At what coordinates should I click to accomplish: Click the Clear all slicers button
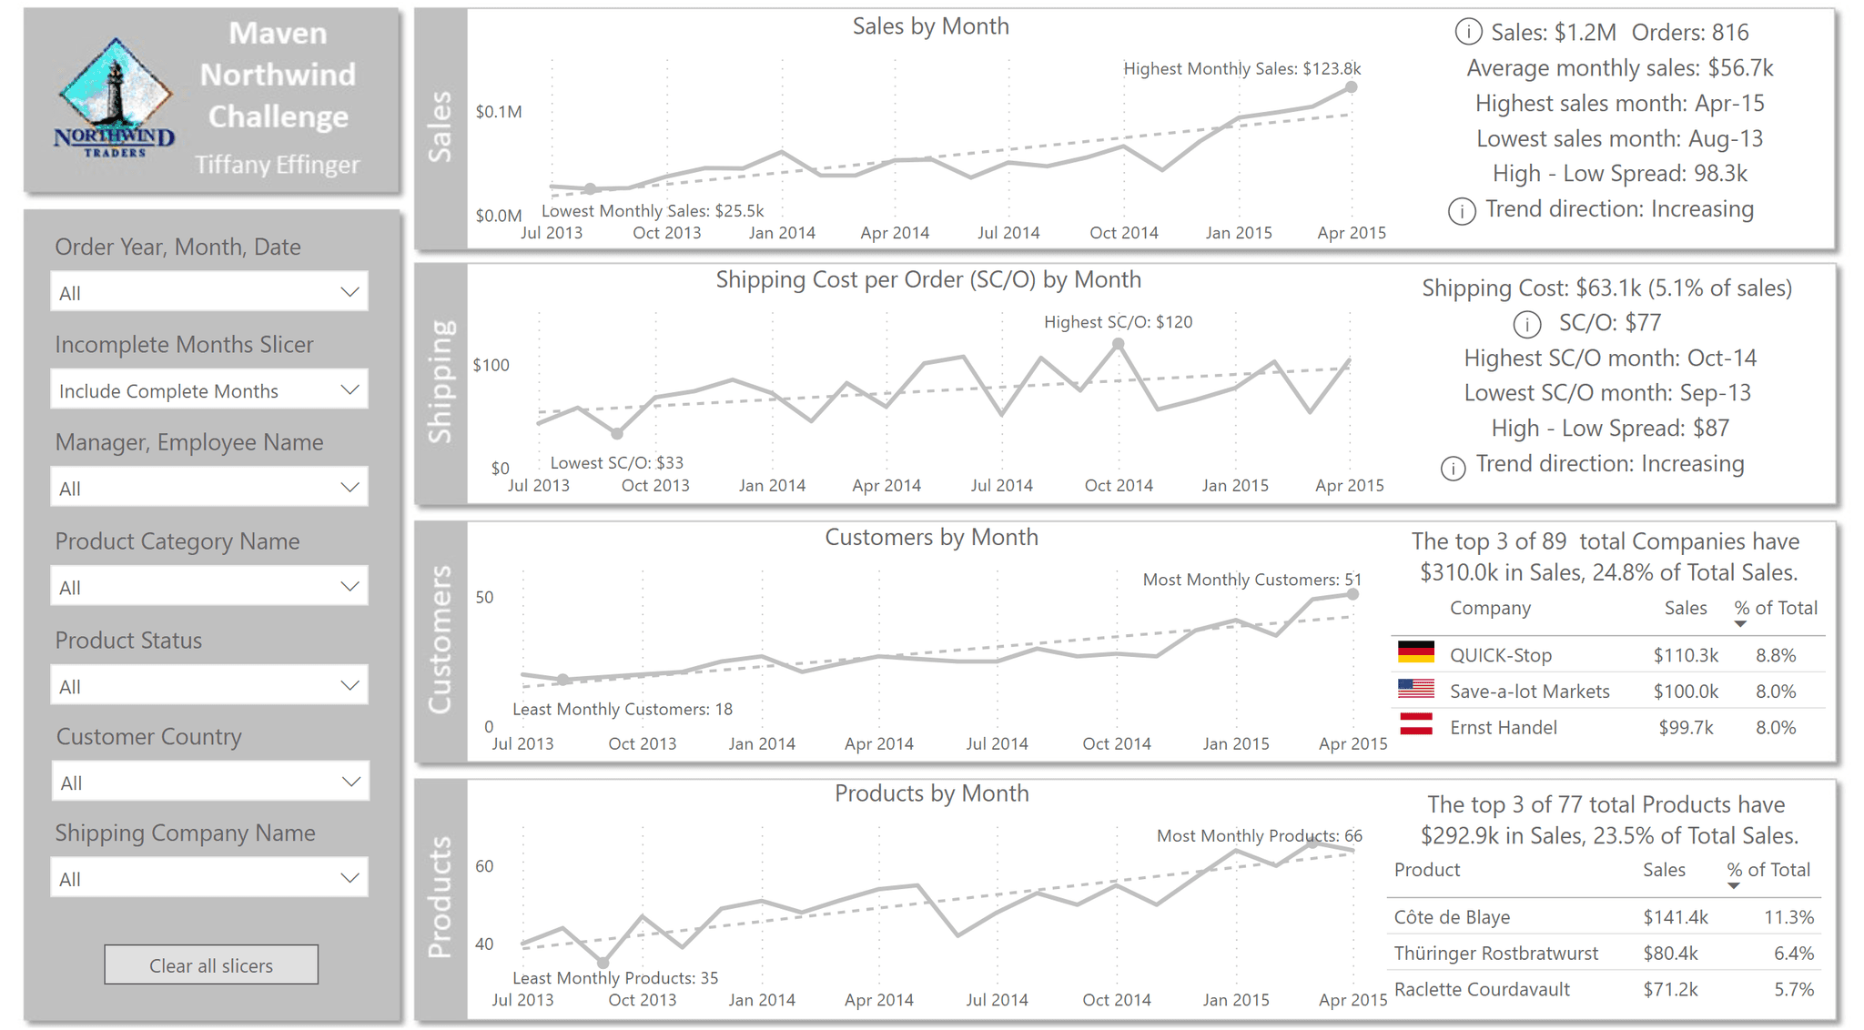click(x=211, y=964)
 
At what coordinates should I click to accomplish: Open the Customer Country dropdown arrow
click(x=350, y=782)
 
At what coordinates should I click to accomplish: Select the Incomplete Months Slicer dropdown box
click(x=209, y=389)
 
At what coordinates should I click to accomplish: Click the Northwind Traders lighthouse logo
click(x=115, y=98)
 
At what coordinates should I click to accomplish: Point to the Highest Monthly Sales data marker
click(x=1352, y=87)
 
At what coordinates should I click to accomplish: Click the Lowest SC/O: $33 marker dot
click(x=617, y=434)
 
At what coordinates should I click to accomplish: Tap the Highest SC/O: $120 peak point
click(x=1119, y=344)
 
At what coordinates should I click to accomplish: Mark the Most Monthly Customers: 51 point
click(x=1353, y=594)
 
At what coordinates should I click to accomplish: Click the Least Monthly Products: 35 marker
click(x=603, y=962)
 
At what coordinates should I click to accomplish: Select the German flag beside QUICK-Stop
click(x=1415, y=652)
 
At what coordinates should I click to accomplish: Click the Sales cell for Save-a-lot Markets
click(x=1686, y=692)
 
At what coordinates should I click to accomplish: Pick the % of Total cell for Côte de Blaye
click(x=1788, y=917)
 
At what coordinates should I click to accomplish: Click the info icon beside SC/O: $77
click(x=1526, y=324)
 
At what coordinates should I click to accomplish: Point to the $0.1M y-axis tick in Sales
click(x=498, y=112)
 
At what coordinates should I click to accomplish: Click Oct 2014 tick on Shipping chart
click(x=1119, y=485)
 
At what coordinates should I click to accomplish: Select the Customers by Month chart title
click(x=931, y=537)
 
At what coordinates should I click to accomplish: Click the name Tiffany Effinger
click(x=277, y=165)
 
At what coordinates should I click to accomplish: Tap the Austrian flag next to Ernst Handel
click(x=1415, y=725)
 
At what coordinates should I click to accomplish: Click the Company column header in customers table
click(x=1490, y=608)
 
